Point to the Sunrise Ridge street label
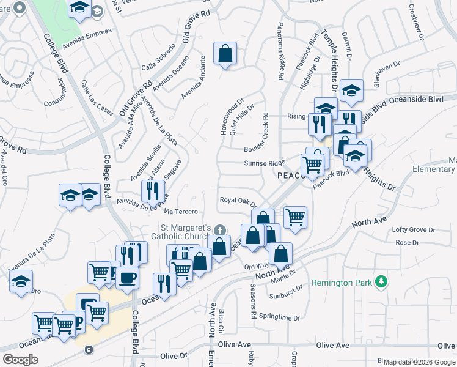pos(265,163)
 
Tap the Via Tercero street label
pos(181,212)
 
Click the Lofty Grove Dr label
pos(414,230)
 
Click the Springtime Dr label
pos(279,318)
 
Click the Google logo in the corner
pos(21,359)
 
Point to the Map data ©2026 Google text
pos(420,362)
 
